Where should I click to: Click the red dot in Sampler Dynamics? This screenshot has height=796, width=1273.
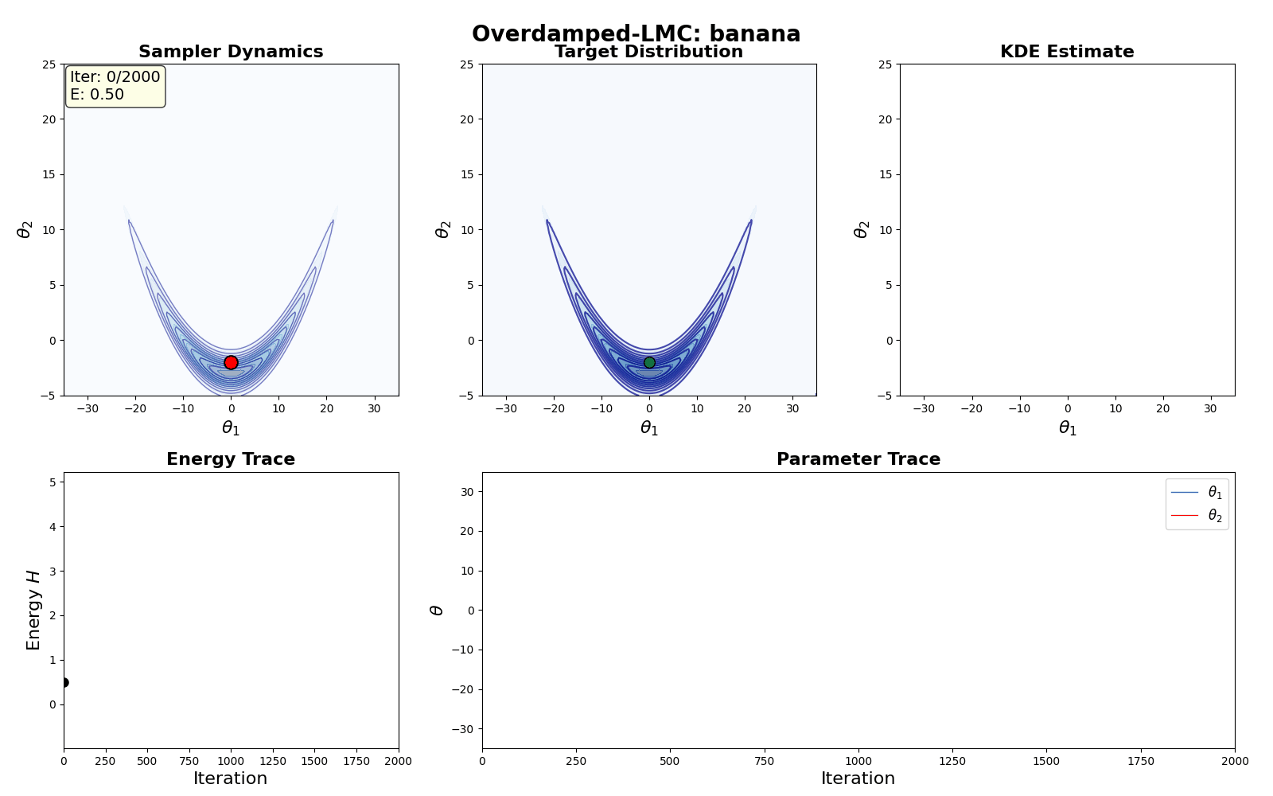click(x=231, y=362)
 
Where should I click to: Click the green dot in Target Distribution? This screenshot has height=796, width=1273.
click(x=649, y=362)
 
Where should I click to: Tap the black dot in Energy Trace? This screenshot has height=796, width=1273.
click(x=64, y=682)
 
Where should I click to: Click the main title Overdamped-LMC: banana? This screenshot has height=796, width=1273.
click(x=636, y=34)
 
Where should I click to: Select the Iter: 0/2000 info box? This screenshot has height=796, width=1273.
click(x=115, y=86)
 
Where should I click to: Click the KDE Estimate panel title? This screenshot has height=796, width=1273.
click(x=1067, y=52)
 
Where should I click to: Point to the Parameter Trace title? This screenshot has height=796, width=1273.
click(x=858, y=459)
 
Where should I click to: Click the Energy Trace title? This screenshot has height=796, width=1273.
click(x=231, y=459)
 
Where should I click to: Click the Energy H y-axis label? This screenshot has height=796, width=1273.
click(x=33, y=610)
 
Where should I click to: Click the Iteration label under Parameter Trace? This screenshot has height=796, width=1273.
click(x=858, y=778)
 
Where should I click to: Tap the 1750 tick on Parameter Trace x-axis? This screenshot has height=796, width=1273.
click(x=1140, y=761)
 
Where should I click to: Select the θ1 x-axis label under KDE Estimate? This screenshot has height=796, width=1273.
click(x=1067, y=428)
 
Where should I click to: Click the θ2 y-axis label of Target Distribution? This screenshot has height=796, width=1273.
click(x=443, y=229)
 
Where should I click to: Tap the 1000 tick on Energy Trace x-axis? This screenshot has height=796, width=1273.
click(x=231, y=761)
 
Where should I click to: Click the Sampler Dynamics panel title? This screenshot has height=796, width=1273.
click(x=231, y=52)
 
